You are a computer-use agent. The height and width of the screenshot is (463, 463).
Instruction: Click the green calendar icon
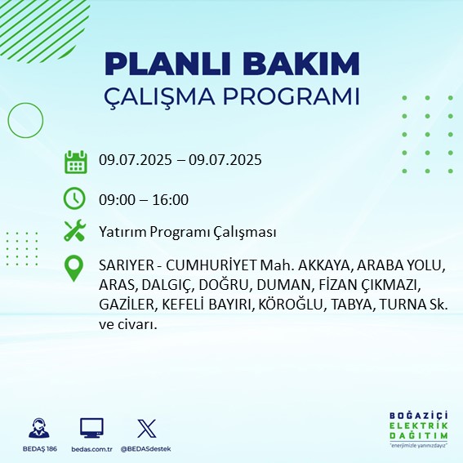[75, 161]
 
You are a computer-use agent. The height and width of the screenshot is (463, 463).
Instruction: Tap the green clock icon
[75, 198]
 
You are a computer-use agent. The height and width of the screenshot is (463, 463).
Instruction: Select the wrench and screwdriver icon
[75, 232]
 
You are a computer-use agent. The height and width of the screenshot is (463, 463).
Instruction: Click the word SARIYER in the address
[122, 267]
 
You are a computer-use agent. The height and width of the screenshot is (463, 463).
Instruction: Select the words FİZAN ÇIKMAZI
[373, 286]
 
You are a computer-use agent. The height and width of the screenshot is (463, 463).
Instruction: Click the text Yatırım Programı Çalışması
[186, 233]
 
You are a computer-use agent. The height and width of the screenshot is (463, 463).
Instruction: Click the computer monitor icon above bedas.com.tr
[91, 428]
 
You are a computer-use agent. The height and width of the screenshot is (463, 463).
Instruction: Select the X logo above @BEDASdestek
[146, 428]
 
